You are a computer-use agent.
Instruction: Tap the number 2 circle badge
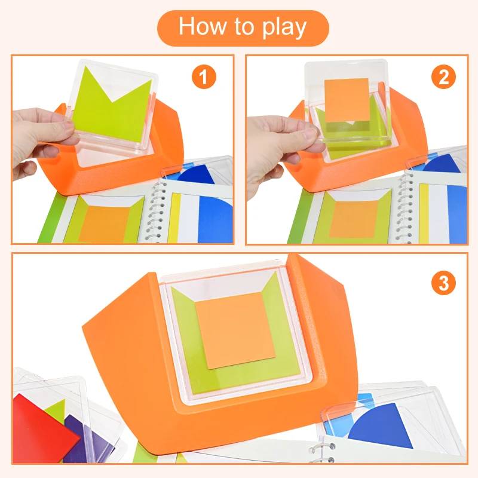point(443,78)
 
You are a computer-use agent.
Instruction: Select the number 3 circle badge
point(443,282)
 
